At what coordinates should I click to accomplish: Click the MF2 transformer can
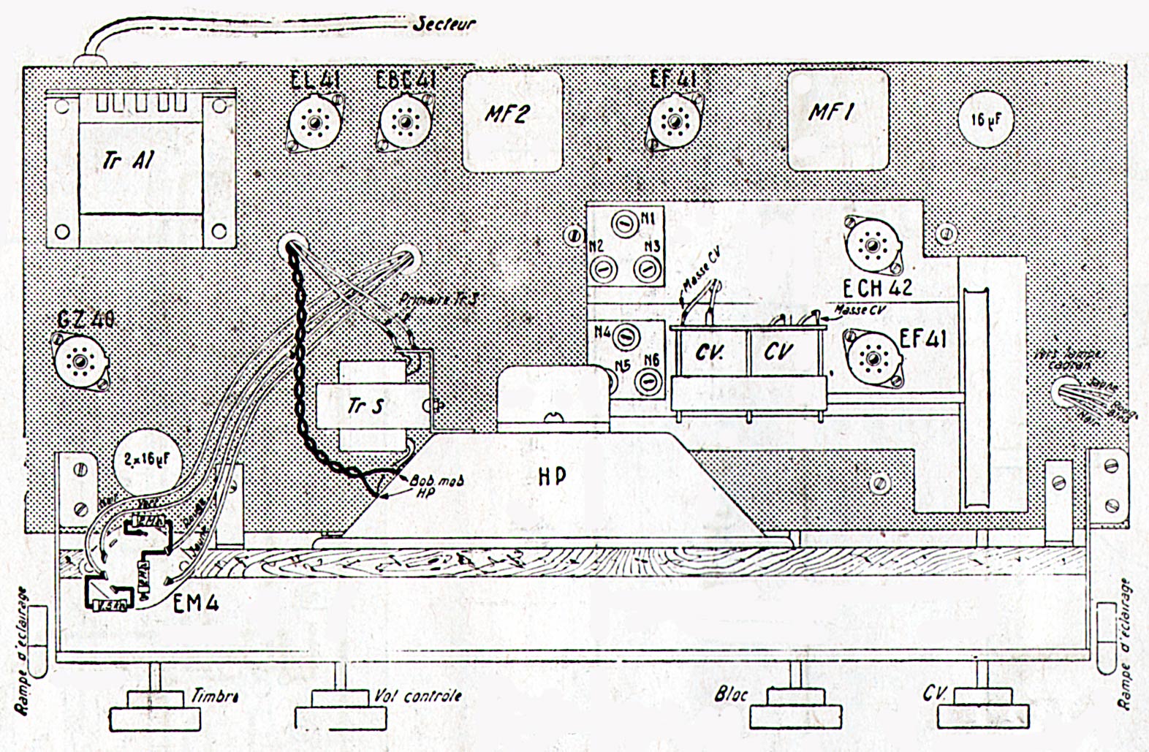click(x=512, y=121)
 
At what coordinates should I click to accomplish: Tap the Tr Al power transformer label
click(x=129, y=159)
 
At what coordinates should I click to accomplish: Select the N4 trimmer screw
click(x=623, y=336)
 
